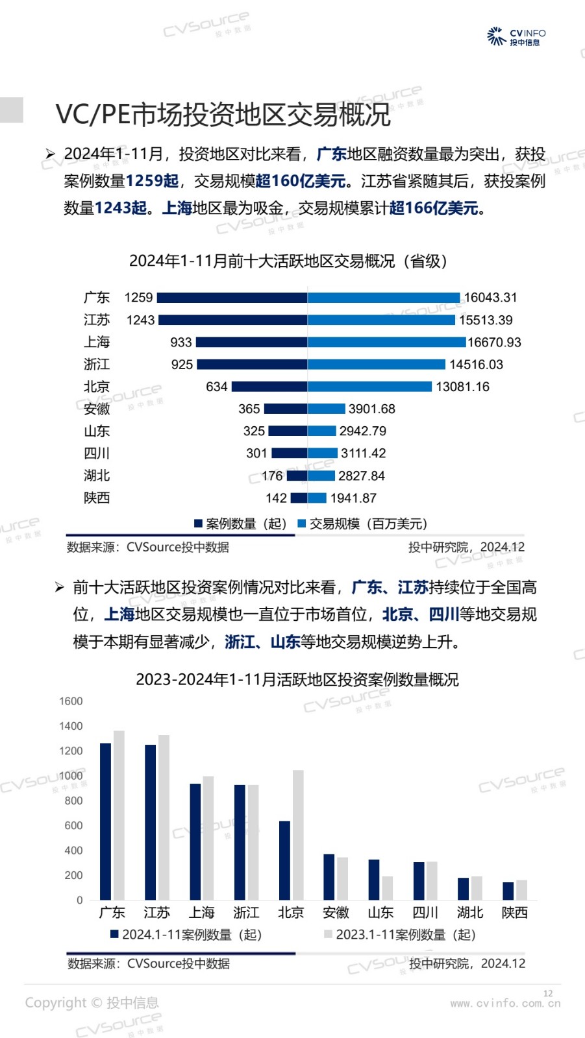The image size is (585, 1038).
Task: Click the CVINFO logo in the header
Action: pyautogui.click(x=516, y=36)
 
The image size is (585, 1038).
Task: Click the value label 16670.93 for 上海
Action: pyautogui.click(x=494, y=343)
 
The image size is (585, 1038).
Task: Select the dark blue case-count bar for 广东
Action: pyautogui.click(x=232, y=298)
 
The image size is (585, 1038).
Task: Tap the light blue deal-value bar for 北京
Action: pyautogui.click(x=369, y=387)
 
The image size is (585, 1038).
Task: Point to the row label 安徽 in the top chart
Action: pyautogui.click(x=97, y=409)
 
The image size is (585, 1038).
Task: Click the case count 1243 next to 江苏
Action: pyautogui.click(x=140, y=320)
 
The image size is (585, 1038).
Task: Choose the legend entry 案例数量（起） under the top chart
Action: pyautogui.click(x=240, y=524)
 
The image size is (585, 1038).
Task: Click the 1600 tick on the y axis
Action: pyautogui.click(x=71, y=701)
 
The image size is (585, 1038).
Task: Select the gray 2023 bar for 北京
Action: pyautogui.click(x=298, y=834)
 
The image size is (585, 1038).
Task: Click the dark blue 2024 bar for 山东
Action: pyautogui.click(x=374, y=880)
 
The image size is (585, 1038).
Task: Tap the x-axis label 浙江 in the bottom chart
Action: pyautogui.click(x=246, y=913)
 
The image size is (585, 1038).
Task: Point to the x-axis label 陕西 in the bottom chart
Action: pyautogui.click(x=515, y=913)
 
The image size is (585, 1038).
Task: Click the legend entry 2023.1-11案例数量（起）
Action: pyautogui.click(x=400, y=935)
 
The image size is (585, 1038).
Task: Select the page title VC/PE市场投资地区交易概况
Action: pyautogui.click(x=223, y=115)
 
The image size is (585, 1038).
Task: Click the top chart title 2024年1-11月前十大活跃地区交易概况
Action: pyautogui.click(x=288, y=261)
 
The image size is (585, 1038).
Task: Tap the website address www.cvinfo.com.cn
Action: pyautogui.click(x=505, y=1004)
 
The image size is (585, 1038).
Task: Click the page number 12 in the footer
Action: pyautogui.click(x=548, y=993)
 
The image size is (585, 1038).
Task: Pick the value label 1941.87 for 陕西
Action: pyautogui.click(x=353, y=498)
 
